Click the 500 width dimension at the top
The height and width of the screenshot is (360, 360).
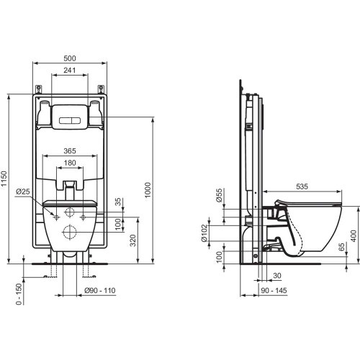pos(70,58)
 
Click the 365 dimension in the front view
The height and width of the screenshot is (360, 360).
pos(70,152)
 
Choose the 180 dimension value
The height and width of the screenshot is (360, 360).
pos(70,163)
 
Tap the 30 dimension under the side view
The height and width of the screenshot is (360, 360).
pos(276,274)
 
